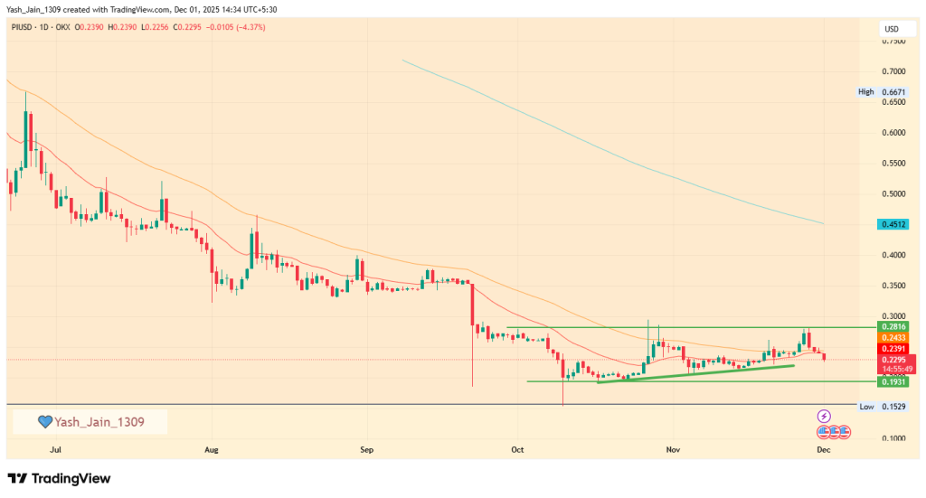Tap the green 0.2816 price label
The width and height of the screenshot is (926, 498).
pos(893,326)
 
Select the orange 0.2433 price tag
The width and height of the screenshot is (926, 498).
pos(893,337)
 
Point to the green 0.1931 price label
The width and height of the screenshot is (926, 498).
pos(893,382)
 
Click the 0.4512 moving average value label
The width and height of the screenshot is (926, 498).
pos(893,224)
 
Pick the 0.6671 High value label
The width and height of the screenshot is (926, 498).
pos(893,92)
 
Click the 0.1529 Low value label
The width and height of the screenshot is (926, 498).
pos(893,408)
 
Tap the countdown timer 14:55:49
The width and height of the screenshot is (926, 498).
pos(893,370)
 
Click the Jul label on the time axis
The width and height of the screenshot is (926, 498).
pos(56,448)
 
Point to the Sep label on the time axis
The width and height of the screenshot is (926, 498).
pos(365,448)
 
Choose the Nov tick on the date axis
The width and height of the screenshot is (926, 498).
pos(672,448)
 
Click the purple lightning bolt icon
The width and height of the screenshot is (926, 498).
pos(824,417)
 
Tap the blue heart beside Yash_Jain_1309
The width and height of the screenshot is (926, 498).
pos(44,422)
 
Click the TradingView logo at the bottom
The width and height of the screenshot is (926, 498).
pos(59,478)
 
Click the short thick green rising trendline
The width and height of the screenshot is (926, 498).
pos(696,373)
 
